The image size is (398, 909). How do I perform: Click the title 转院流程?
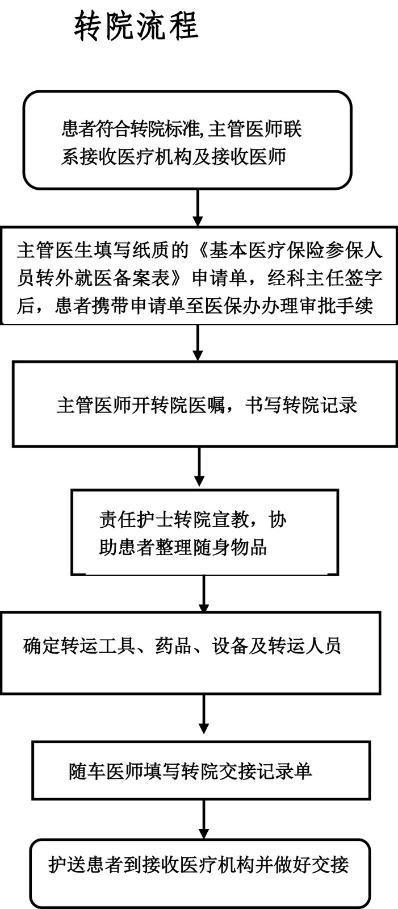(x=136, y=26)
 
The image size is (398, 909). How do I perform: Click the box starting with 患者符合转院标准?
(x=187, y=140)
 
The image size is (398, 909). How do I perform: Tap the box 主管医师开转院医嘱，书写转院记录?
(x=204, y=405)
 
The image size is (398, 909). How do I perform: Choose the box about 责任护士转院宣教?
(x=204, y=532)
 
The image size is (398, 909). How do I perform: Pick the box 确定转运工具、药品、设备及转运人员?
(x=190, y=652)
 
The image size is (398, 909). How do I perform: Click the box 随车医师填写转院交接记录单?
(x=201, y=770)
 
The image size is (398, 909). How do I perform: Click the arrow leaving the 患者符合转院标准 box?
(x=198, y=208)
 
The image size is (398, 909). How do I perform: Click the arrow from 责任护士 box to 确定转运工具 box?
(x=204, y=594)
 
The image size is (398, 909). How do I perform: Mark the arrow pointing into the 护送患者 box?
(x=204, y=819)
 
